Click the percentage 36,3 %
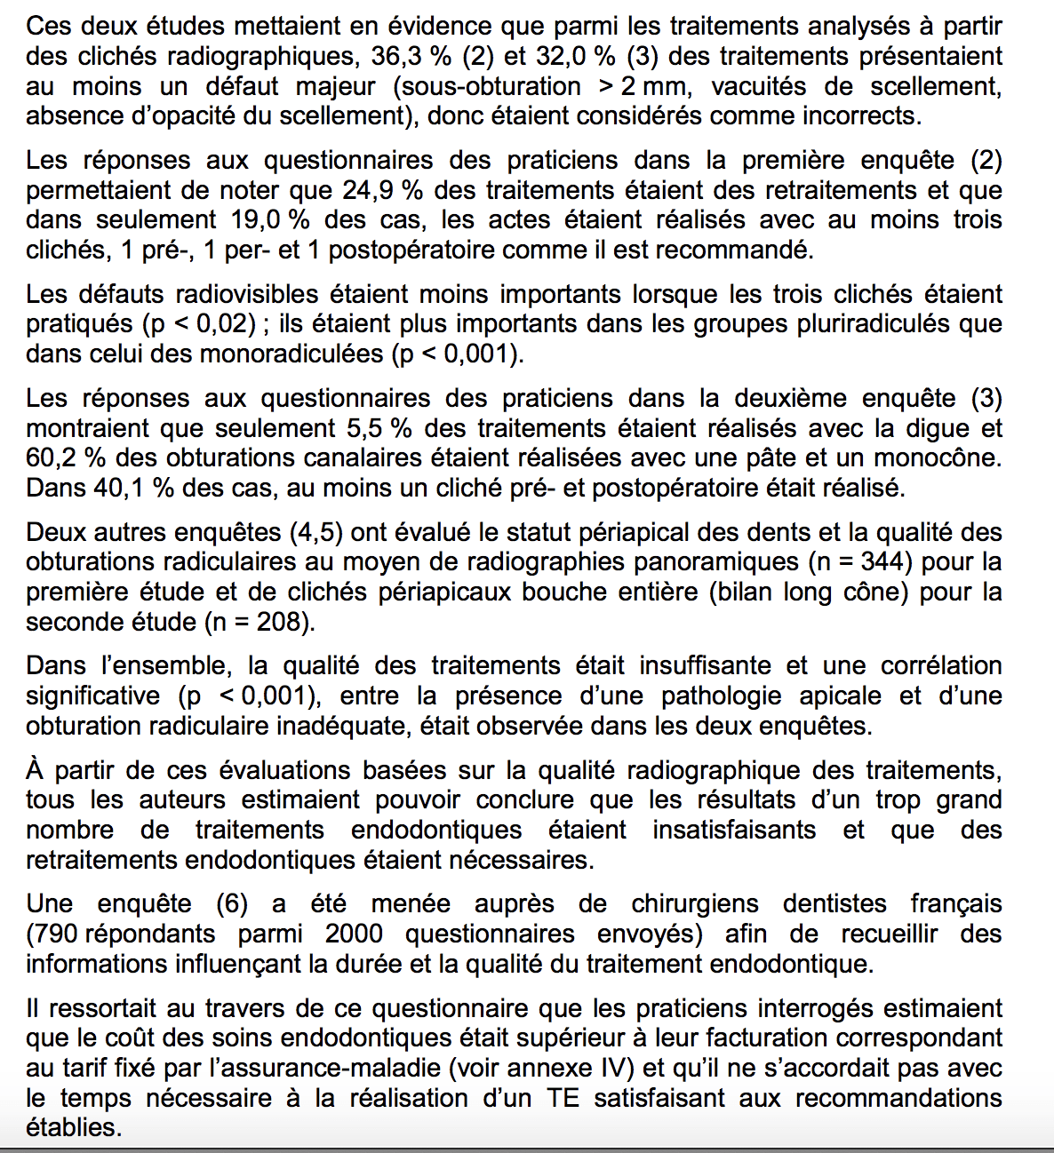[411, 56]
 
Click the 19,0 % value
[270, 219]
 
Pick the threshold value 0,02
[225, 324]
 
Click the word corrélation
[941, 666]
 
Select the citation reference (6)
[232, 904]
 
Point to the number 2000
[354, 934]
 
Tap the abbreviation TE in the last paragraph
[563, 1098]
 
